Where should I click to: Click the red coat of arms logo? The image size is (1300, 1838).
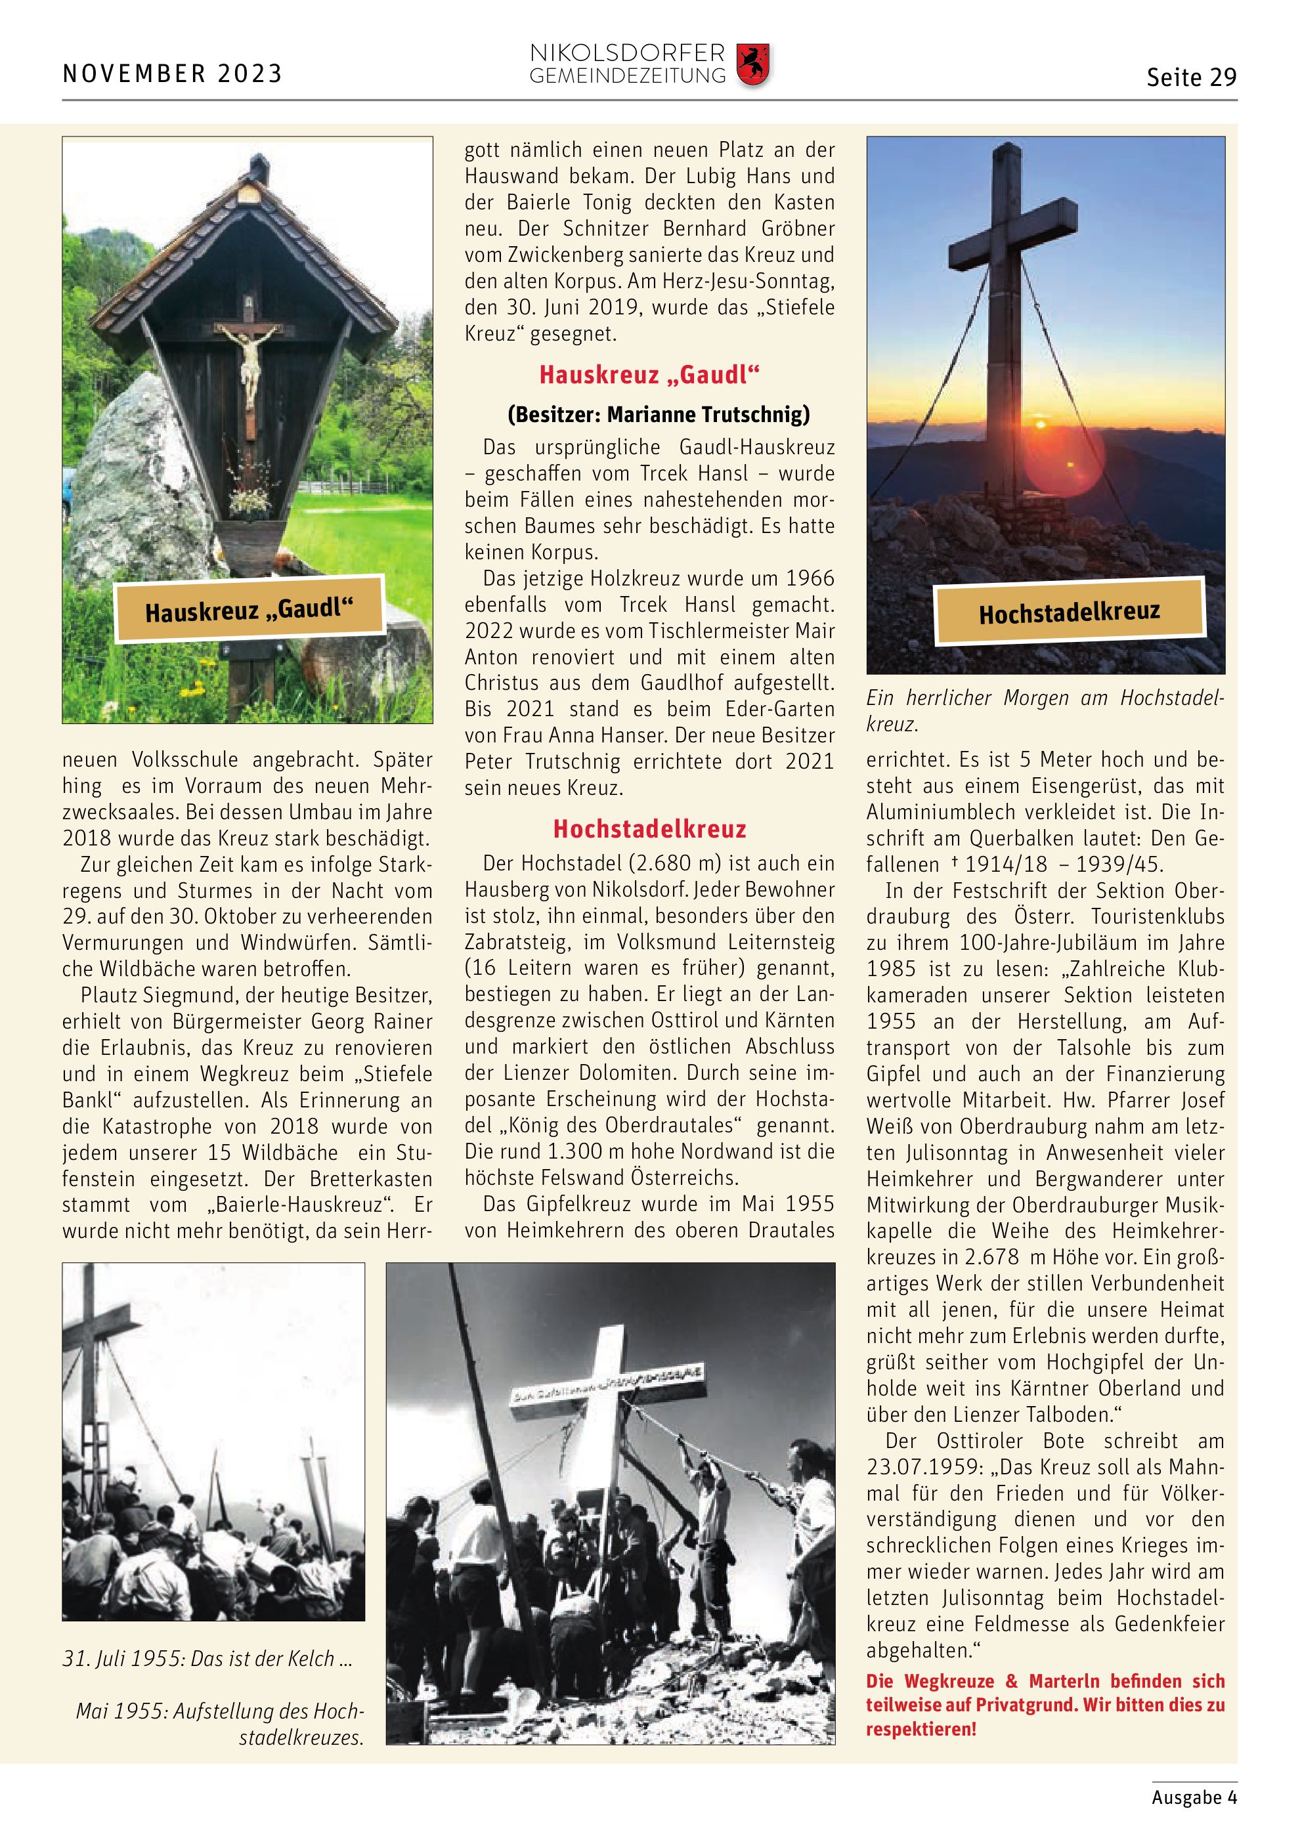752,65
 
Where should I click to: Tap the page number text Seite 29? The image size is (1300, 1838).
1191,77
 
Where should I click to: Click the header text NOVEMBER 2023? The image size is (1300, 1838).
172,74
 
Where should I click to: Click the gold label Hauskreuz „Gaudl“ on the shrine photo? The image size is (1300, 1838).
249,610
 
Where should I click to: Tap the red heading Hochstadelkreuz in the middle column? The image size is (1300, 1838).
649,828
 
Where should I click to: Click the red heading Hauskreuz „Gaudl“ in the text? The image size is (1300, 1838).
649,374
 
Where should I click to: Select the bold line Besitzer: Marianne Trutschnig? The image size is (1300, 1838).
658,414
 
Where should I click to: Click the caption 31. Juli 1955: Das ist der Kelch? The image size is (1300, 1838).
207,1658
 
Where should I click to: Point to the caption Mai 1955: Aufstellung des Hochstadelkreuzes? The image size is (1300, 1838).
220,1724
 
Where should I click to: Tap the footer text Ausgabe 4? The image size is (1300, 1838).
1194,1797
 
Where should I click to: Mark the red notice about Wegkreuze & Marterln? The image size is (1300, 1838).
1045,1704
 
